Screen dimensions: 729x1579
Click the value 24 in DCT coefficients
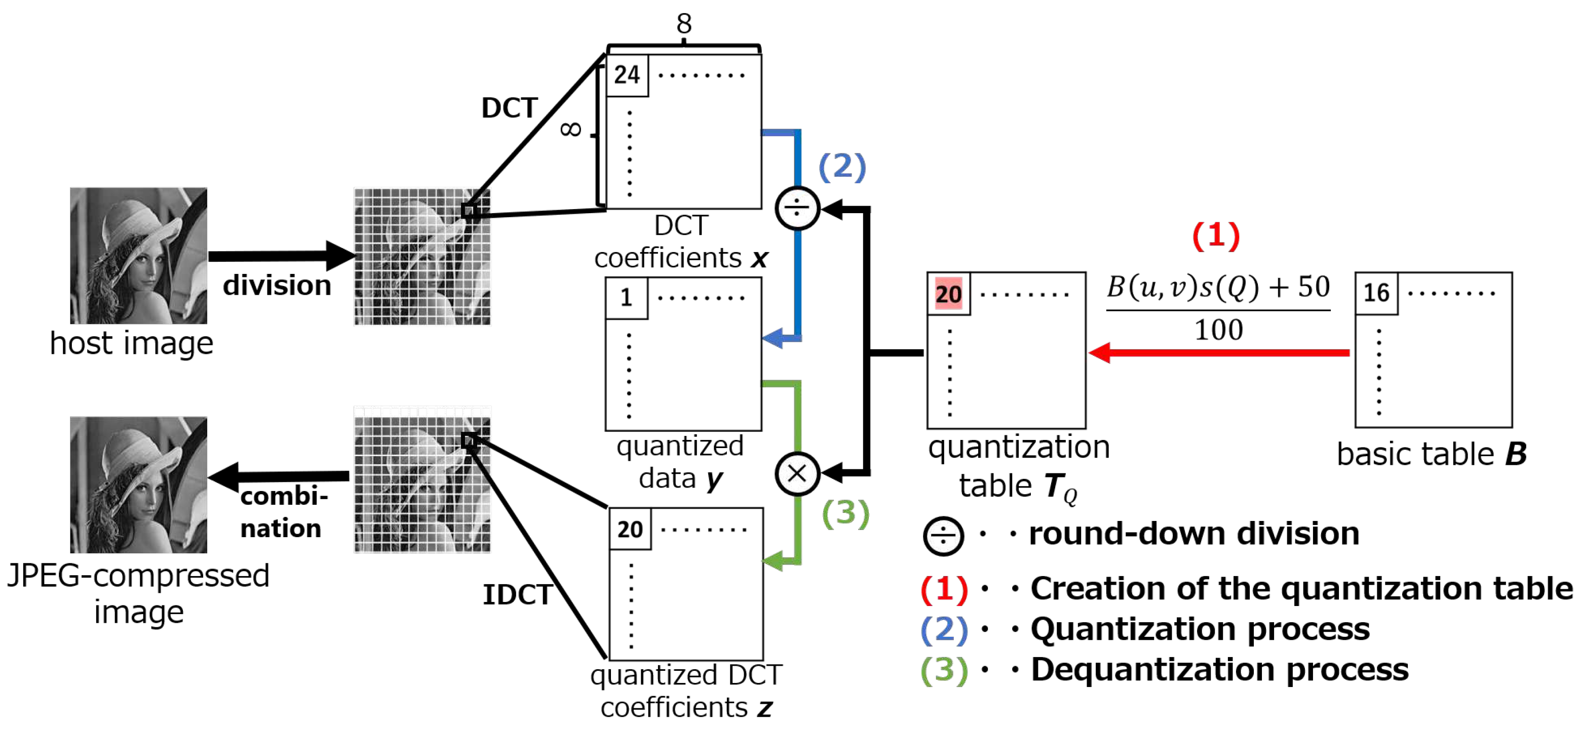(x=627, y=75)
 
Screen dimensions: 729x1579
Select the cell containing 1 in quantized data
(x=626, y=298)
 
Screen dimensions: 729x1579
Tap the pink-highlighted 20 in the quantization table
(x=948, y=294)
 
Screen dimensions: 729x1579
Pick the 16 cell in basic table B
(x=1376, y=293)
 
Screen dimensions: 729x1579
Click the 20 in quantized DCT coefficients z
(x=630, y=529)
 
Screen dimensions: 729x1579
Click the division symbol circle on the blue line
(x=797, y=208)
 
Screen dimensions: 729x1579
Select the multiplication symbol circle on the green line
(x=797, y=473)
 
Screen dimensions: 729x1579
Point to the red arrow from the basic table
(x=1220, y=352)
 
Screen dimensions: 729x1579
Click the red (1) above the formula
(x=1215, y=236)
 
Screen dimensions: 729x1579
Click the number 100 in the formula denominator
(x=1218, y=330)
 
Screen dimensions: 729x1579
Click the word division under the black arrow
(x=277, y=286)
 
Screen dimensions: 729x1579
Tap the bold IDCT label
(x=517, y=594)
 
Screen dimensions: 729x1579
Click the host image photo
(x=138, y=256)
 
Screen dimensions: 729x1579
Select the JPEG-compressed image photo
(x=138, y=484)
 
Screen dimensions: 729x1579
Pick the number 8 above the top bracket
(x=683, y=24)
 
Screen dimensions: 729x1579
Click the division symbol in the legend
(x=943, y=536)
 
